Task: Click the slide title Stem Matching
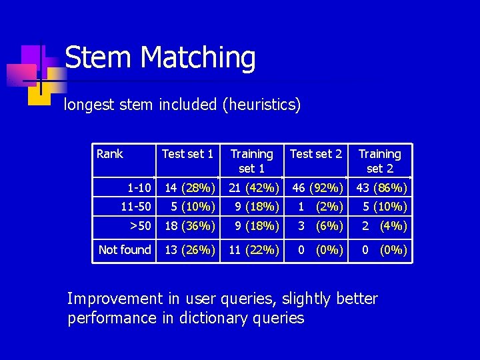[160, 57]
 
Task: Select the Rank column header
[109, 154]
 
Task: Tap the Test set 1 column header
[187, 154]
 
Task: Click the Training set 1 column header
[251, 161]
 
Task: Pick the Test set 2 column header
[315, 154]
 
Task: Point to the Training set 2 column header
[379, 161]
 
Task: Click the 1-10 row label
[139, 187]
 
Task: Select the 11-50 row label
[135, 206]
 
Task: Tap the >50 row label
[140, 226]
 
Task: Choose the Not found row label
[125, 250]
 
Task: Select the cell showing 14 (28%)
[189, 187]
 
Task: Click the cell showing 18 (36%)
[189, 226]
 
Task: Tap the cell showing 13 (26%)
[189, 250]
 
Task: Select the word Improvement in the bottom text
[115, 299]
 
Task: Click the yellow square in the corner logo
[39, 93]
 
